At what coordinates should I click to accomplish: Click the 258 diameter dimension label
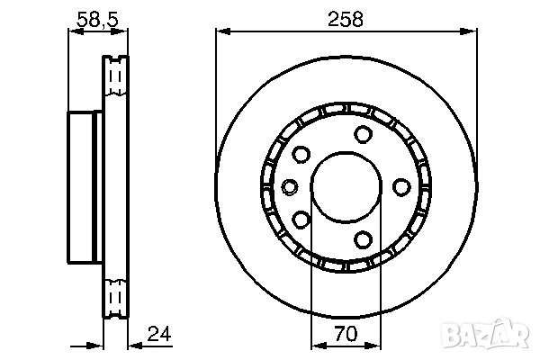point(346,19)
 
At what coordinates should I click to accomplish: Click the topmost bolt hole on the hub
point(364,135)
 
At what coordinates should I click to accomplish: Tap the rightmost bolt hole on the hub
point(401,186)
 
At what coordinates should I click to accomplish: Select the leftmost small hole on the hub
point(290,186)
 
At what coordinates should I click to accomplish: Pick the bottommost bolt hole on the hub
point(364,238)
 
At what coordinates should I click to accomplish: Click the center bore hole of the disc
point(346,186)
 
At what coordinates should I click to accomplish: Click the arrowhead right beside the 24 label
point(136,346)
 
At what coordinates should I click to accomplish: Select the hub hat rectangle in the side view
point(85,186)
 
